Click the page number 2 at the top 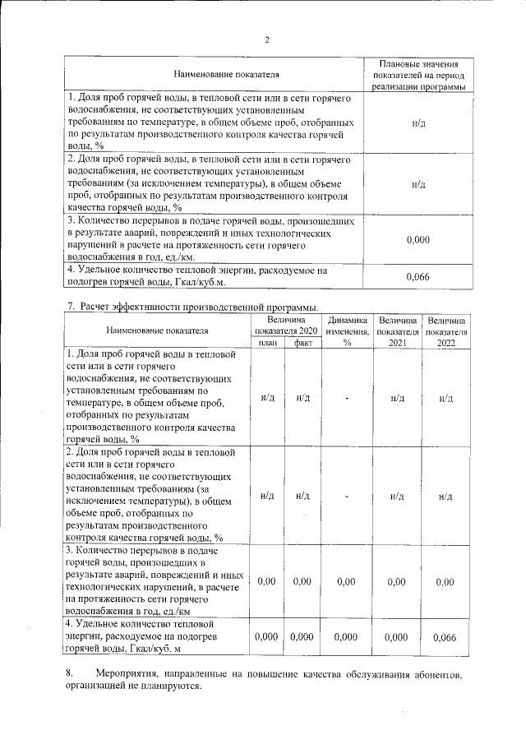[x=267, y=39]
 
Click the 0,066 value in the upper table [x=418, y=276]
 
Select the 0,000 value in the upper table [x=418, y=239]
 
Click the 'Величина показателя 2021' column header [x=396, y=330]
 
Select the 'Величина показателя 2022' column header [x=446, y=330]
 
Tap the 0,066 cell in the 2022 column [x=444, y=637]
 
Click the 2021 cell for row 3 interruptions [x=396, y=581]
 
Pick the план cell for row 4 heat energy [x=266, y=637]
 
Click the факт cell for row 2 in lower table [x=302, y=496]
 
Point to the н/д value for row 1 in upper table [x=418, y=122]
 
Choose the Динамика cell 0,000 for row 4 [x=347, y=637]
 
